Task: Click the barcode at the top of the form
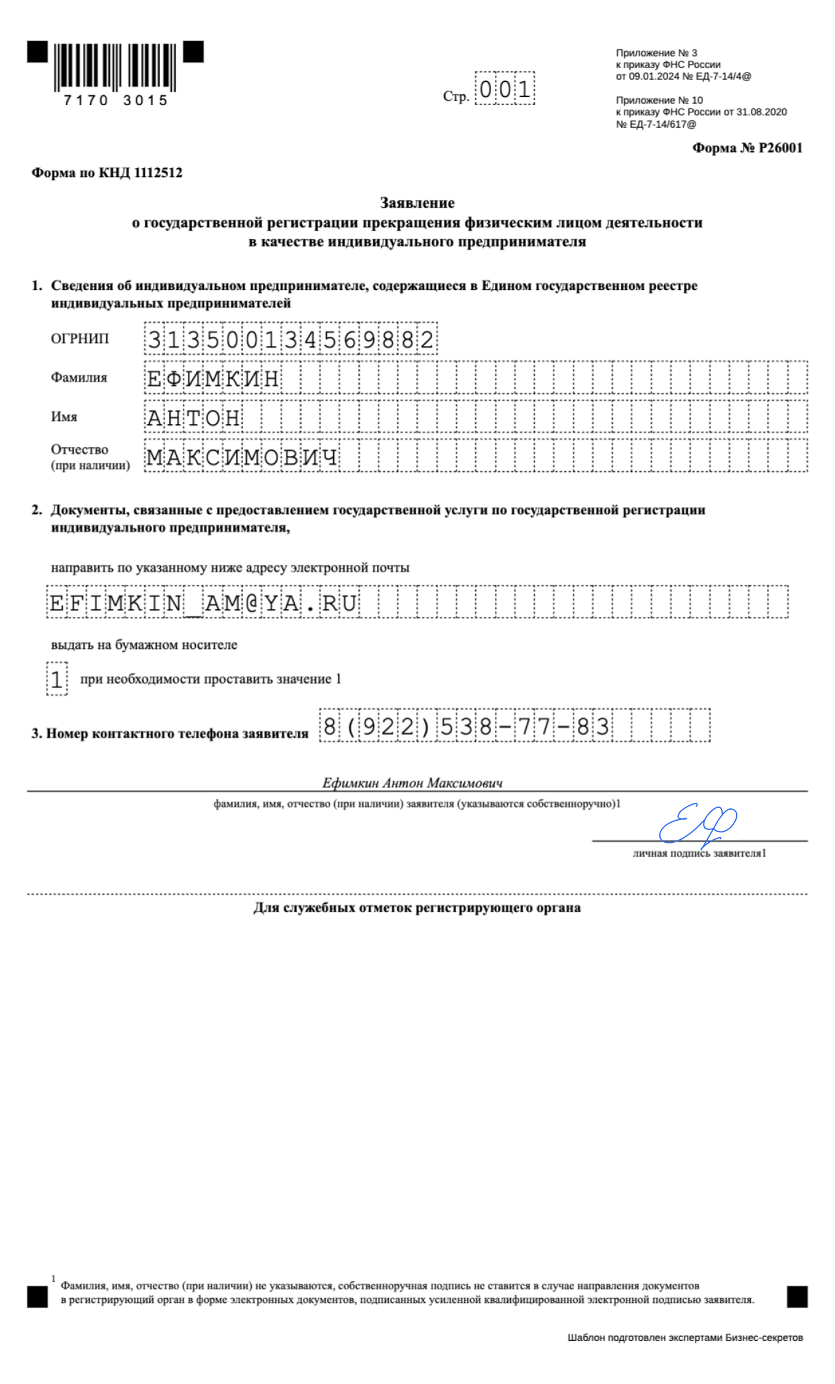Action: (x=115, y=68)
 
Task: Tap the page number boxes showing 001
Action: (x=504, y=90)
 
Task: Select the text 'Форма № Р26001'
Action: (x=747, y=148)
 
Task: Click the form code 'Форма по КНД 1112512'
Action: (x=107, y=173)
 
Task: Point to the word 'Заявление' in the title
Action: (x=417, y=203)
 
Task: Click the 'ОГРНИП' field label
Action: (x=80, y=338)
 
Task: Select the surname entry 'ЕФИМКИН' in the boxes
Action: (x=213, y=378)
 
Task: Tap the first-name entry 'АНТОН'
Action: (x=193, y=418)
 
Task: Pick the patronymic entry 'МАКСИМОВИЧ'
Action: (x=242, y=457)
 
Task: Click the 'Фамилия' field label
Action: (x=79, y=378)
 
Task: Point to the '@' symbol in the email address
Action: (x=251, y=603)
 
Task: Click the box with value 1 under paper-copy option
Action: (x=57, y=679)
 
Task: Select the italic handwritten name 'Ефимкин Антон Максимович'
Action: (x=413, y=783)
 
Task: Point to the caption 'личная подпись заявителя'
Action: (x=699, y=853)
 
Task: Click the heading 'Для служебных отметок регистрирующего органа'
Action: (x=417, y=908)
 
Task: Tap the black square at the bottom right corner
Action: (x=797, y=1297)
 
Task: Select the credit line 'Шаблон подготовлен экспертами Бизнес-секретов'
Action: (x=685, y=1337)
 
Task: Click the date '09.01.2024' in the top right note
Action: (x=653, y=77)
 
